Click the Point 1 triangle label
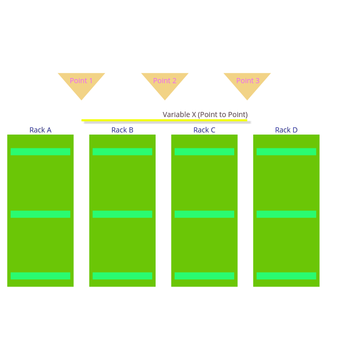click(81, 81)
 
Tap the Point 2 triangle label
click(165, 81)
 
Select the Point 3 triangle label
click(248, 81)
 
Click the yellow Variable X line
click(164, 120)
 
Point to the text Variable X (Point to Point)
click(205, 115)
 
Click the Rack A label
click(41, 130)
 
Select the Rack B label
click(122, 130)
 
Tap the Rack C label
click(204, 130)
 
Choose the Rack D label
click(286, 130)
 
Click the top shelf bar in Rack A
click(41, 151)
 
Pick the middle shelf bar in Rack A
click(41, 214)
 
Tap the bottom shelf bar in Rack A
click(41, 276)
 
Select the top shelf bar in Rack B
click(122, 151)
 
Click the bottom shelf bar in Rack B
click(122, 276)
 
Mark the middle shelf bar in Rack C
click(204, 214)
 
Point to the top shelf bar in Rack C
click(204, 151)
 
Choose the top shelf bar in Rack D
click(286, 151)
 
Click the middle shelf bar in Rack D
click(286, 214)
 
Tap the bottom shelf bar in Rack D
click(286, 276)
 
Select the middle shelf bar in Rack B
click(122, 214)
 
